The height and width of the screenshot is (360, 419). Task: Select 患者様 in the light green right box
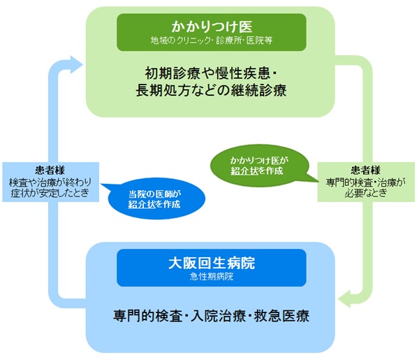(365, 170)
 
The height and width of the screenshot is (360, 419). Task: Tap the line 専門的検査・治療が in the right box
(365, 181)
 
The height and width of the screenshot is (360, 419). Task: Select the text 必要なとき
(365, 192)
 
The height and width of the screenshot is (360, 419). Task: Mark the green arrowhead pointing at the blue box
(344, 301)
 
